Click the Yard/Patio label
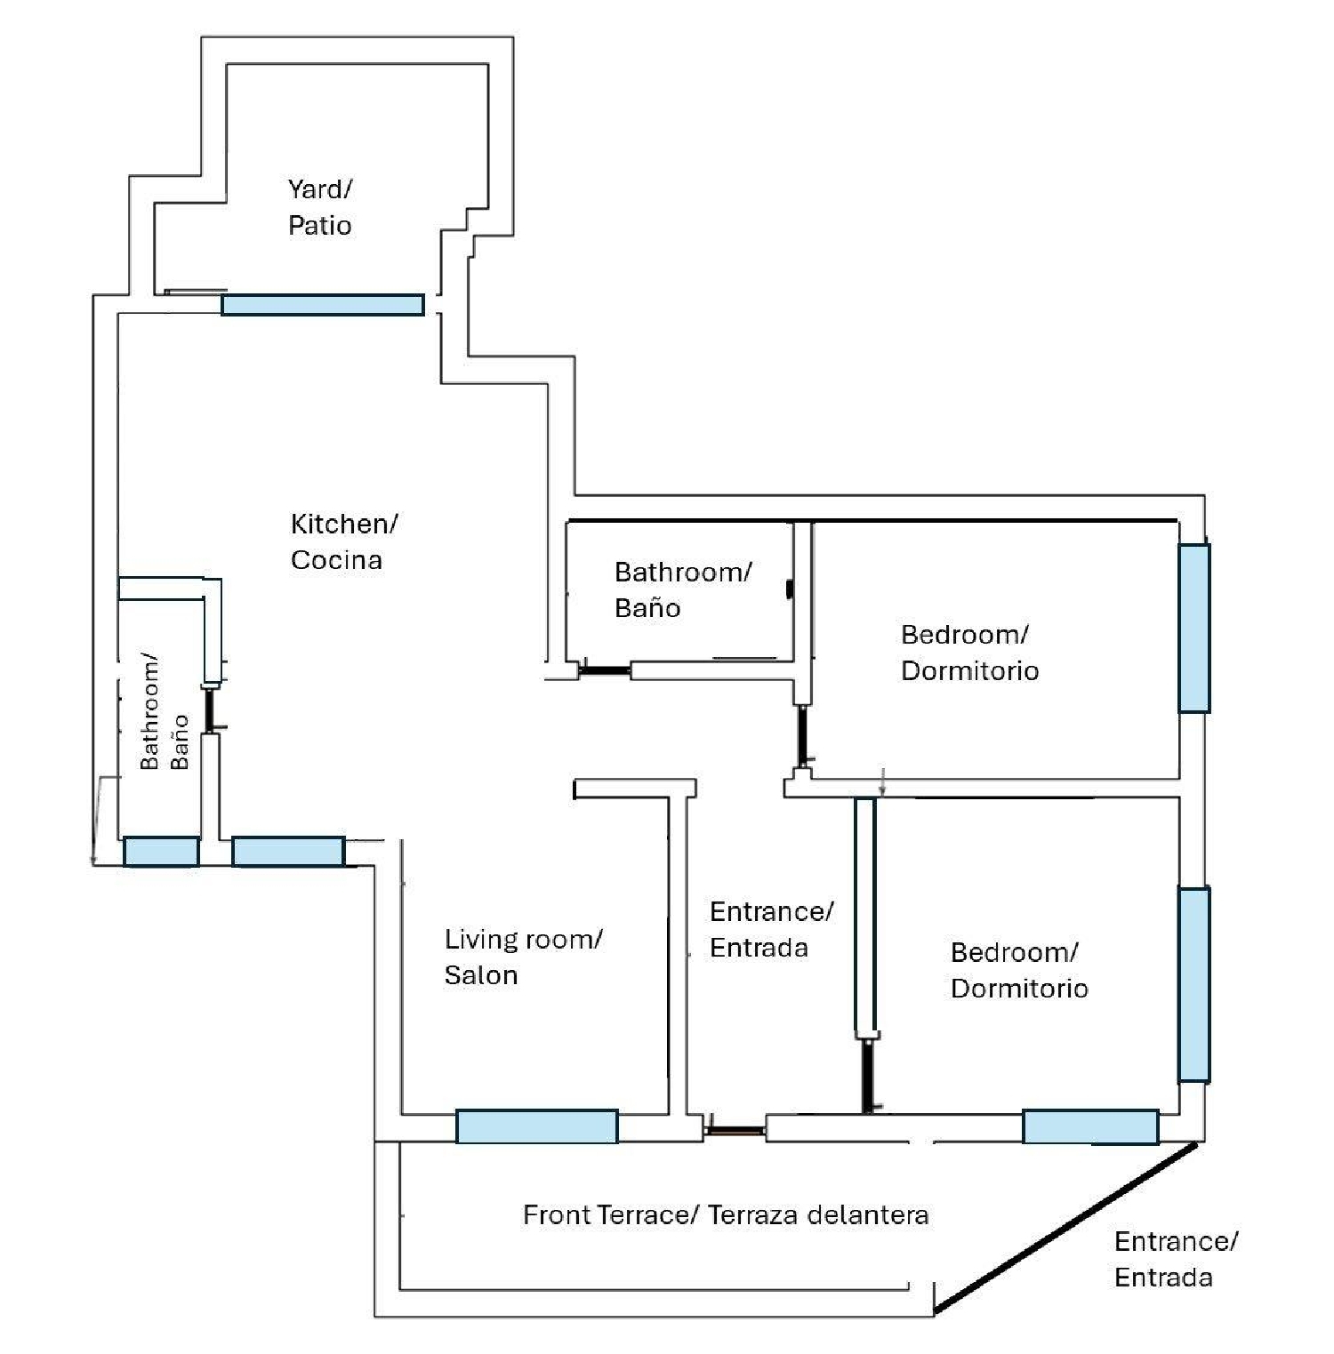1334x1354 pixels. pos(319,207)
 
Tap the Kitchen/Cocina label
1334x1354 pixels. pos(343,541)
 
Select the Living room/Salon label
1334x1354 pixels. pos(523,957)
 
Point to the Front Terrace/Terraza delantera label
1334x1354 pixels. pos(726,1214)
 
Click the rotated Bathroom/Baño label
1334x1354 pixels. pos(164,713)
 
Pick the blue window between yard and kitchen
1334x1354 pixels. pos(322,305)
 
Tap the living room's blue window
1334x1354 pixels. pos(536,1126)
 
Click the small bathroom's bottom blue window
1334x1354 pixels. pos(161,851)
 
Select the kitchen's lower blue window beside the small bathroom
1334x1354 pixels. pos(288,851)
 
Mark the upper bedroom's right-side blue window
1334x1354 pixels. pos(1193,628)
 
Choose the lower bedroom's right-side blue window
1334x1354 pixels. pos(1193,983)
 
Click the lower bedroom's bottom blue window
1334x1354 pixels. pos(1090,1126)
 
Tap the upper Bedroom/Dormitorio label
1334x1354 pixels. pos(969,653)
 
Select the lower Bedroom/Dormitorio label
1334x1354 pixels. pos(1019,970)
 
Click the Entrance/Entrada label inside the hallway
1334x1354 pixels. pos(771,929)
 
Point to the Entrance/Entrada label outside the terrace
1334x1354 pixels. pos(1175,1259)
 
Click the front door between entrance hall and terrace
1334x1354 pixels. pos(735,1131)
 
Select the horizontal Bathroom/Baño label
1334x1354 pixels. pos(682,589)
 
